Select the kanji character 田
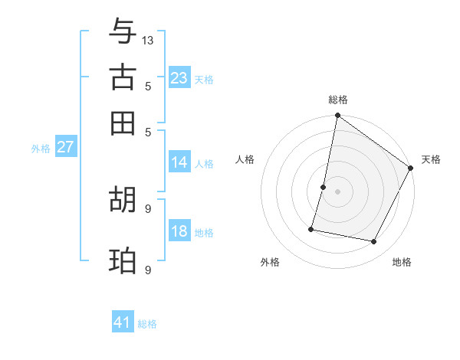coord(123,123)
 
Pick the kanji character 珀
coord(123,260)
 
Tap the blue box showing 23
coord(179,77)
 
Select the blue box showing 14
coord(179,162)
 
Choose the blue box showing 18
coord(179,232)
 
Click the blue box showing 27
coord(65,148)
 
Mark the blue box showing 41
coord(123,323)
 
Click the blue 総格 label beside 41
coord(147,324)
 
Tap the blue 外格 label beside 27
coord(41,149)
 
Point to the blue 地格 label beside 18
coord(204,233)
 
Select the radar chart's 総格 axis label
coord(338,100)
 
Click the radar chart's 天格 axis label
coord(431,159)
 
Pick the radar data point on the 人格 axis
coord(324,187)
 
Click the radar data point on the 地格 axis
coord(374,241)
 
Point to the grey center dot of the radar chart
coord(338,191)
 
